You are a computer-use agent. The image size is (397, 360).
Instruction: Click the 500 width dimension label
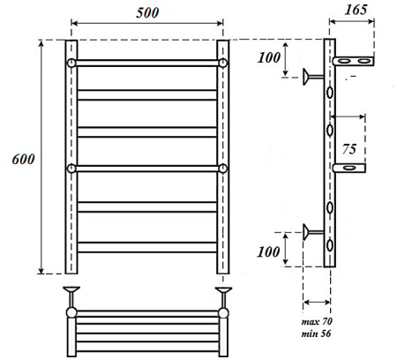tap(147, 12)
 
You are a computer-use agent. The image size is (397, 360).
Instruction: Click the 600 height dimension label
tap(23, 159)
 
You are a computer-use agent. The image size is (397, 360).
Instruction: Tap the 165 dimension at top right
tap(356, 10)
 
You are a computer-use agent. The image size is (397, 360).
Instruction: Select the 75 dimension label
tap(349, 149)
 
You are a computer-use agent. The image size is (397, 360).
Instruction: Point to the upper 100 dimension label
tap(269, 57)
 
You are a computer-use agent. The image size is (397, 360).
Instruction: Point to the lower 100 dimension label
tap(268, 252)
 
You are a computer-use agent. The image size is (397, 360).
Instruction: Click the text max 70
tap(317, 321)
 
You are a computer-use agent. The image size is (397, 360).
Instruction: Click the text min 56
tap(316, 334)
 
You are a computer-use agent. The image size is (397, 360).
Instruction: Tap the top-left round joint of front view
tap(71, 63)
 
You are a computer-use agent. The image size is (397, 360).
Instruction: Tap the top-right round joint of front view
tap(223, 63)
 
